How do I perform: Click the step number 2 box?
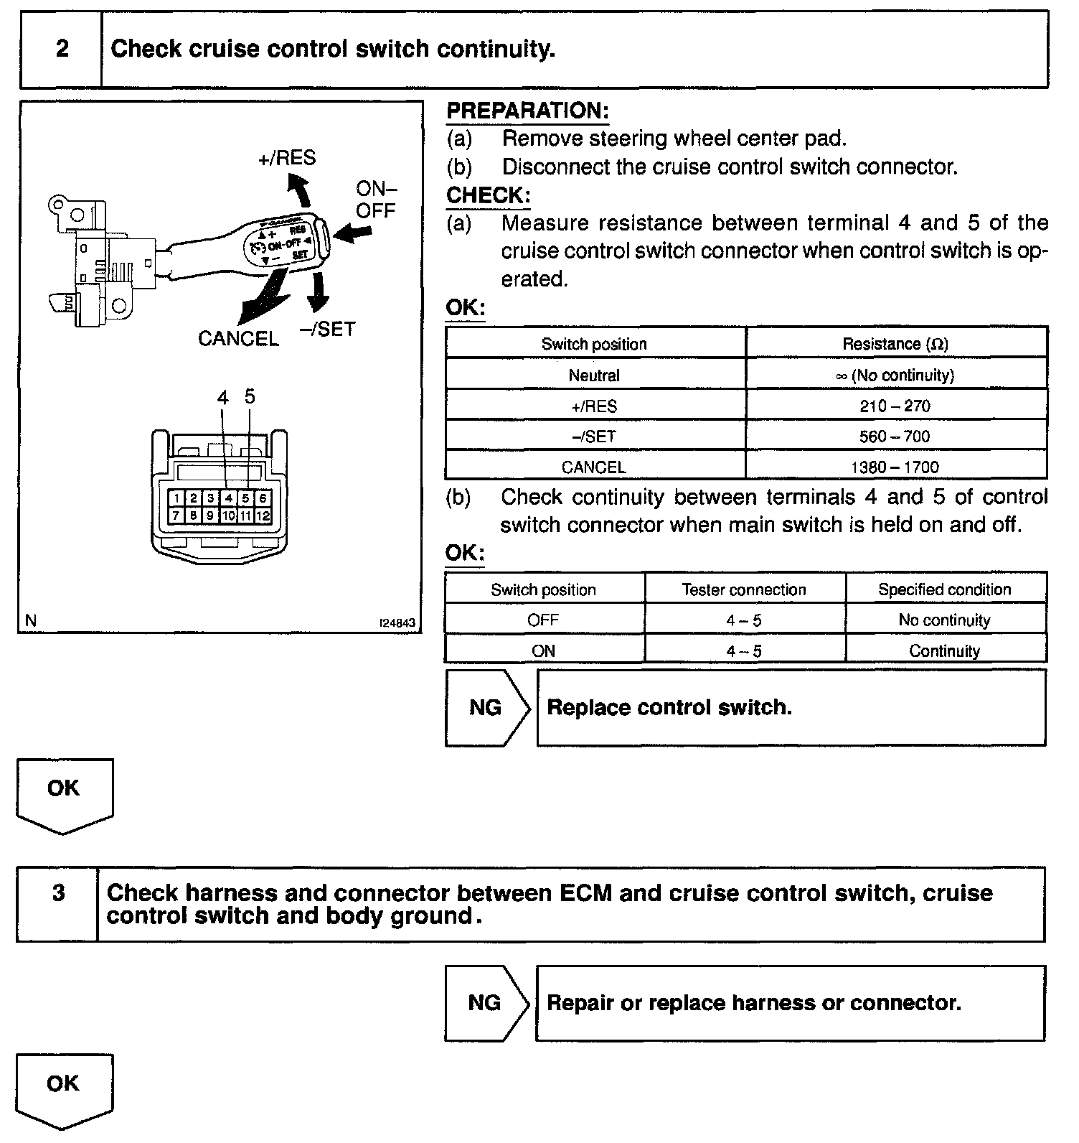(x=62, y=49)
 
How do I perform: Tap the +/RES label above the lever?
(x=287, y=158)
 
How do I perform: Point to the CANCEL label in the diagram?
(x=238, y=339)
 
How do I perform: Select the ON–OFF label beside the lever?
(x=376, y=200)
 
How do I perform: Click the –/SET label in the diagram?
(x=327, y=329)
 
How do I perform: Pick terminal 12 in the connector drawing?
(x=263, y=515)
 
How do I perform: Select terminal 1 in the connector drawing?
(x=176, y=498)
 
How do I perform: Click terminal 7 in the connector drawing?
(x=176, y=515)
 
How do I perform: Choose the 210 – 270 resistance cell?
(x=895, y=406)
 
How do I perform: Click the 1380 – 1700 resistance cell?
(x=895, y=467)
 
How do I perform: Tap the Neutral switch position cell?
(x=594, y=375)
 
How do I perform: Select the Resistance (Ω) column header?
(x=895, y=344)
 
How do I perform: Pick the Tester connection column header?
(x=744, y=590)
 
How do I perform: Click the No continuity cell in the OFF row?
(x=944, y=620)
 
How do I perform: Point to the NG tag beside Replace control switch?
(x=486, y=708)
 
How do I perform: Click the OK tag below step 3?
(x=63, y=1084)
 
